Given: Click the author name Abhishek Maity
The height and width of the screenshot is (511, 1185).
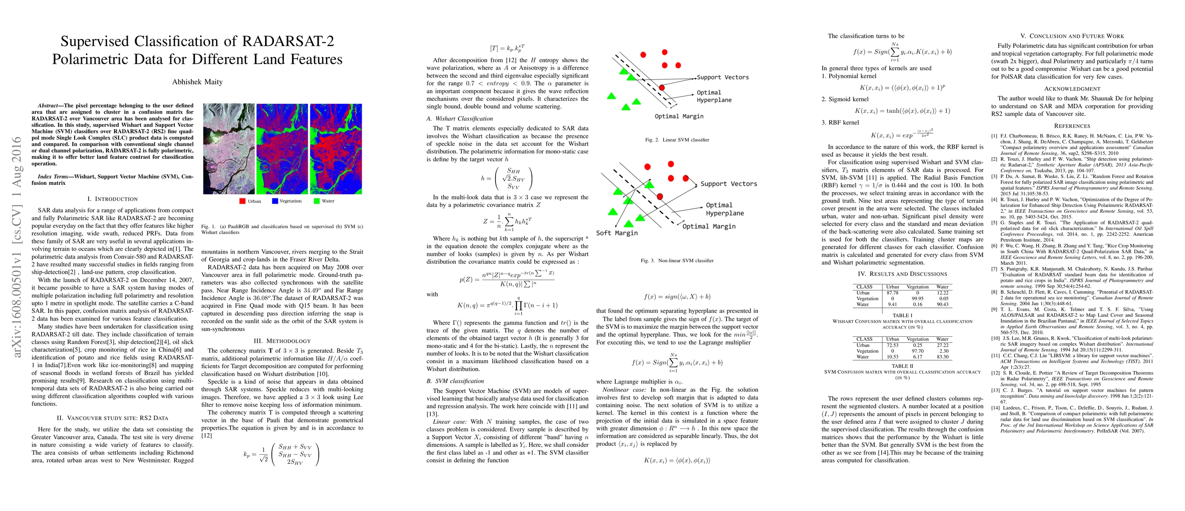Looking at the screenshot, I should point(197,82).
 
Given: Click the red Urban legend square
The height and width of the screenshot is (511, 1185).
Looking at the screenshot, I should point(242,201).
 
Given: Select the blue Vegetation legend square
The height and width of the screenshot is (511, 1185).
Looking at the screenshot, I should point(275,201).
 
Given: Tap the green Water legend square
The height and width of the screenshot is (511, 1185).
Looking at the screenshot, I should point(317,201).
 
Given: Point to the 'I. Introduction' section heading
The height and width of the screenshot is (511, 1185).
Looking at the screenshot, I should point(112,199).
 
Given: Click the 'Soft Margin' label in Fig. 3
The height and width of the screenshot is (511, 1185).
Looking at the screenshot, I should point(617,233).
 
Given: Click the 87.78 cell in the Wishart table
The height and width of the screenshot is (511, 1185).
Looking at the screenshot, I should point(892,293).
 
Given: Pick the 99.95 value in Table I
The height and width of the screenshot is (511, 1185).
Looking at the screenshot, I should point(917,299).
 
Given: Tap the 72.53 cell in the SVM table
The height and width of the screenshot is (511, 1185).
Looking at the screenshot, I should point(892,345).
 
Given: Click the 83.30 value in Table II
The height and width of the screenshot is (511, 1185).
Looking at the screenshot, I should point(942,356).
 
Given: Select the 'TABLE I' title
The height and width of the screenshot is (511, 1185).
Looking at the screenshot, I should point(902,315).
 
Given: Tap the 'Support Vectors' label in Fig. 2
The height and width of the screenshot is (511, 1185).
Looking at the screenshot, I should point(722,77).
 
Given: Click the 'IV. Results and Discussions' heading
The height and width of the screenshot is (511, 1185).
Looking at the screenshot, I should point(902,274).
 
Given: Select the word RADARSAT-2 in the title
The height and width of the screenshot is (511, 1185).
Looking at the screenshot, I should point(288,41).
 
